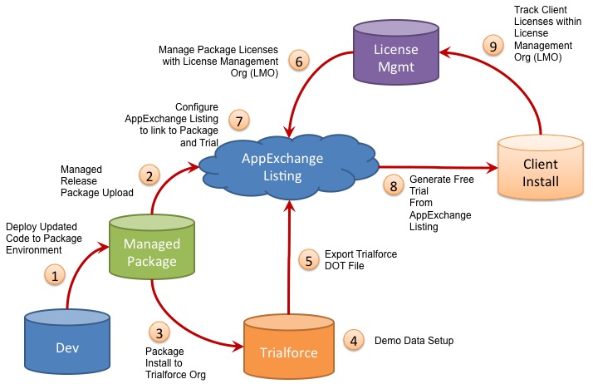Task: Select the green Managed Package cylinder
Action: pos(152,249)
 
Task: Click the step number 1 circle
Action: pos(55,275)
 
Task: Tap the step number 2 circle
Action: pos(149,175)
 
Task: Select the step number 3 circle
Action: pos(163,332)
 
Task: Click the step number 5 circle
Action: pos(309,261)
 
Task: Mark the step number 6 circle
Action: pos(297,60)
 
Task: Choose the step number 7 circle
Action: pos(238,121)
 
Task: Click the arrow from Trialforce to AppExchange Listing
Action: pos(288,249)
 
